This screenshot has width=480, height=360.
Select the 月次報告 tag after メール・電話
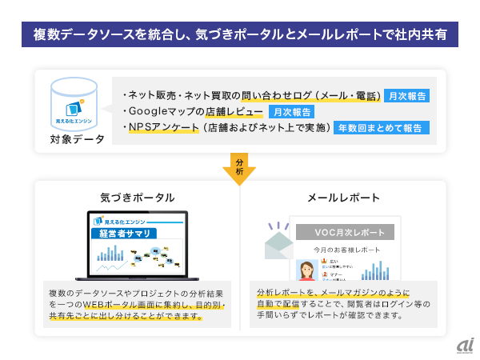(407, 96)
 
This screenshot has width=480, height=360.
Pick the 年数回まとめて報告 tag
(382, 127)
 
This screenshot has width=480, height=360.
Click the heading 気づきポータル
(137, 197)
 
